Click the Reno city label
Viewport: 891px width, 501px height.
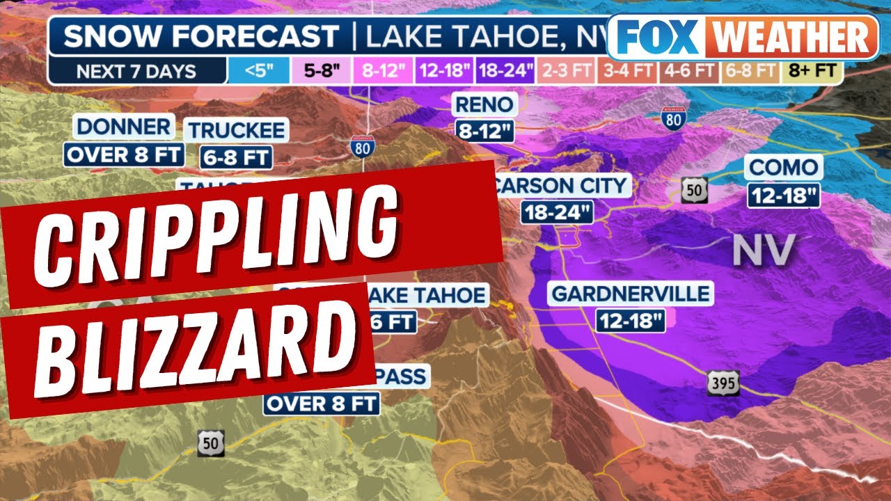(484, 106)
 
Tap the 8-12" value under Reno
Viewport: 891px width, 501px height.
(484, 131)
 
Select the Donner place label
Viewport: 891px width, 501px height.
(123, 127)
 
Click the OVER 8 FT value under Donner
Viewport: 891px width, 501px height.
(124, 154)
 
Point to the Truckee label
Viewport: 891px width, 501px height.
(237, 130)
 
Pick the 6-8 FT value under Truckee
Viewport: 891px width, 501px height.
(237, 157)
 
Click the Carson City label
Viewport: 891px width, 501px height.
(561, 186)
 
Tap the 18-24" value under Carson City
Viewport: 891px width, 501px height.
(557, 212)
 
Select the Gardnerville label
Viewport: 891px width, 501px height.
(631, 294)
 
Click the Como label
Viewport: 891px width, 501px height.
(784, 168)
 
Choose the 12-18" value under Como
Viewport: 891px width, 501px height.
(784, 196)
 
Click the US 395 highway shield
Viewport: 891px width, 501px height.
(722, 383)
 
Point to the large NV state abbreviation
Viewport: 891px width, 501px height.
(764, 250)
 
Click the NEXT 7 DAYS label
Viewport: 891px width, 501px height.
(136, 71)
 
